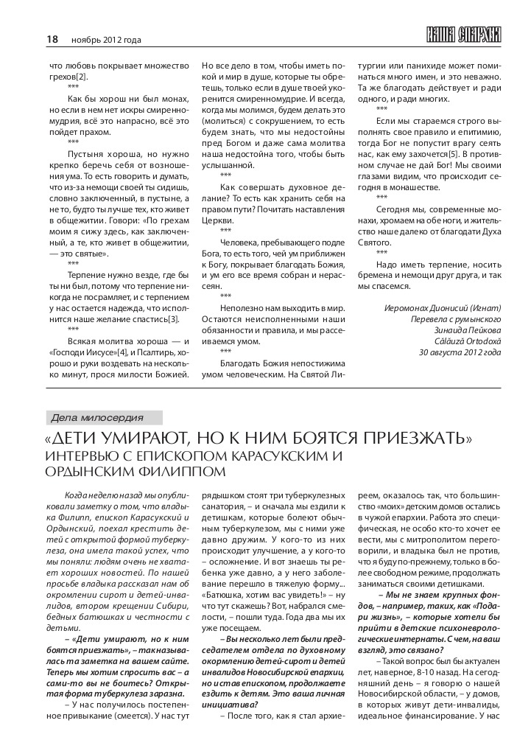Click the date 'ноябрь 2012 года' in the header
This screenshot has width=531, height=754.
point(106,40)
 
